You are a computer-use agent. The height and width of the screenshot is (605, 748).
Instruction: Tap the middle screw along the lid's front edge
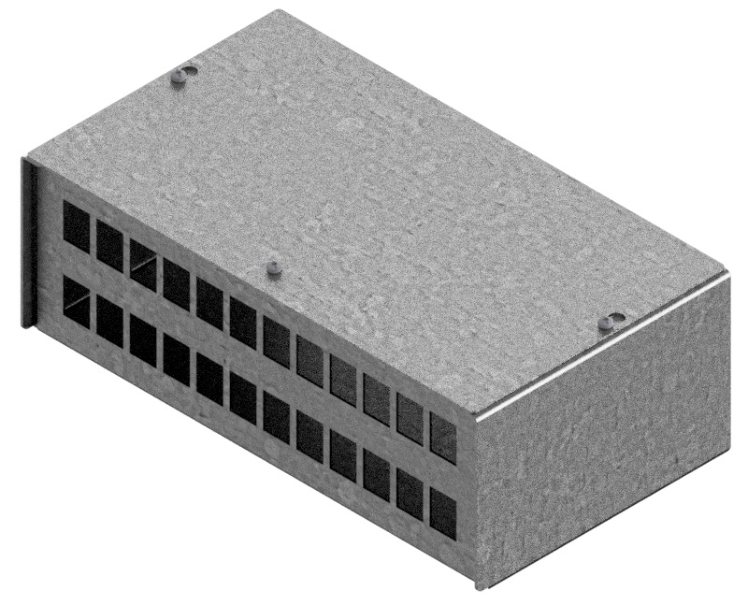click(x=273, y=269)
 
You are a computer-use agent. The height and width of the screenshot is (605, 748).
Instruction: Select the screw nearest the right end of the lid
click(x=609, y=323)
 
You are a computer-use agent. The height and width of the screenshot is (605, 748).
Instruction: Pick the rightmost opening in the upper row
click(x=443, y=437)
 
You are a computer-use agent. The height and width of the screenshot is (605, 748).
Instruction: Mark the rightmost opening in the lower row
click(x=443, y=512)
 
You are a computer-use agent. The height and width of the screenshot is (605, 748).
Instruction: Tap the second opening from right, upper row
click(x=410, y=417)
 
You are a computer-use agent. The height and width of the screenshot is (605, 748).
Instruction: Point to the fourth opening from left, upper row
click(x=177, y=283)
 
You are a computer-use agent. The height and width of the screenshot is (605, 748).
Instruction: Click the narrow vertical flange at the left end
click(x=29, y=243)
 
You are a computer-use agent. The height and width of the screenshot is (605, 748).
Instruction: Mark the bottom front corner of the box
click(x=480, y=587)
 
